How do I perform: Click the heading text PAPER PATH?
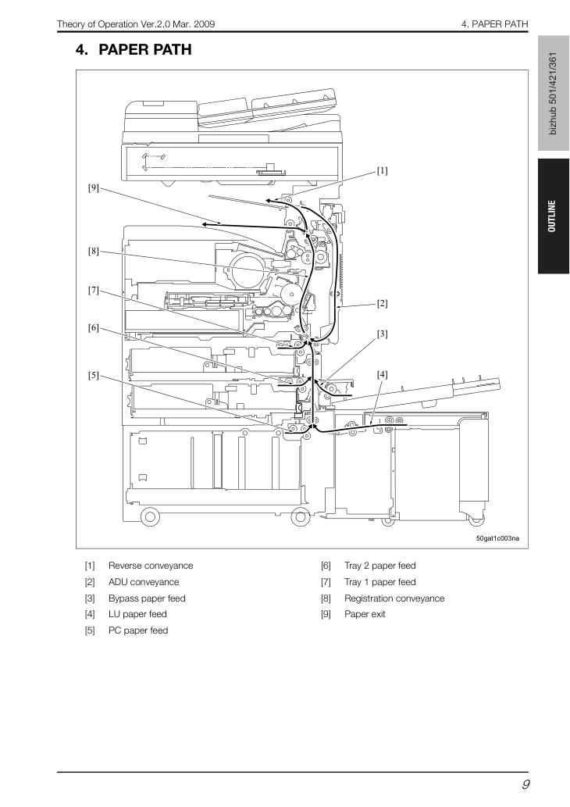point(144,49)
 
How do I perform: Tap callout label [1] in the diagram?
point(383,171)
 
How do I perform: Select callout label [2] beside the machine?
point(383,304)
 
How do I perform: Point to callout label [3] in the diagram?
point(383,334)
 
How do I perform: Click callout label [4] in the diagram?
point(383,375)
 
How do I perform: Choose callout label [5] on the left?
point(93,375)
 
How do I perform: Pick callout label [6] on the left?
point(93,328)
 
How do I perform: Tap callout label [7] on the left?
point(93,291)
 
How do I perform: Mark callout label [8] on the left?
point(93,252)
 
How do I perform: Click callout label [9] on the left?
point(93,187)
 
